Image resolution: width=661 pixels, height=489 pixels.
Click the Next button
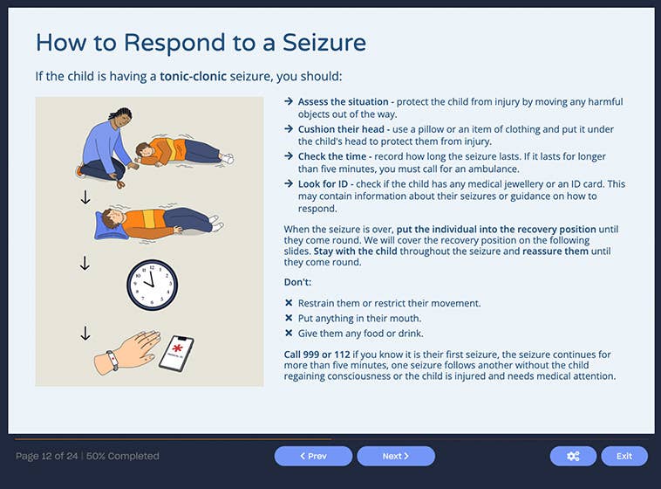[x=396, y=456]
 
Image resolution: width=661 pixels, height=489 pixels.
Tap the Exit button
[x=624, y=456]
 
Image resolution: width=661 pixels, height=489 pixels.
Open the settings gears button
[x=573, y=456]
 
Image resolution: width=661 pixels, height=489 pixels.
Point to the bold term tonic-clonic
[x=200, y=77]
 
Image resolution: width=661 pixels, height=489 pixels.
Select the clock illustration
[x=152, y=284]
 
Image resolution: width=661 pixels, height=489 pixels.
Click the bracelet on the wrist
[x=112, y=358]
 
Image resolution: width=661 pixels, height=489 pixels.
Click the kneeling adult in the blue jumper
[x=106, y=143]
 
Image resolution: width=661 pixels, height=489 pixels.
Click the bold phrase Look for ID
[x=325, y=184]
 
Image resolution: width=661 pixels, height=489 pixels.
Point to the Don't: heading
[x=298, y=283]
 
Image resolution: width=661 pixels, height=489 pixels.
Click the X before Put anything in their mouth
[x=289, y=319]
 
